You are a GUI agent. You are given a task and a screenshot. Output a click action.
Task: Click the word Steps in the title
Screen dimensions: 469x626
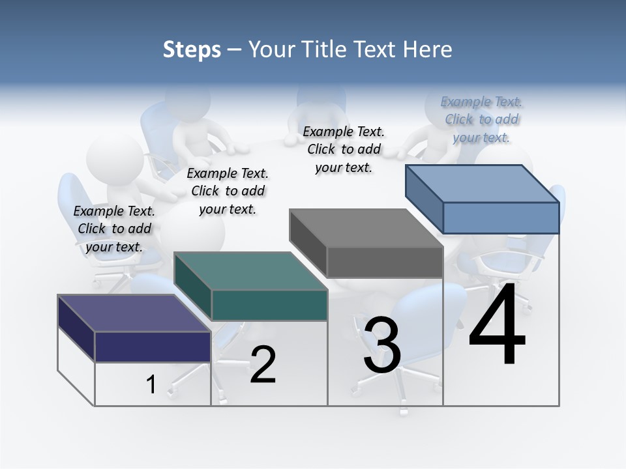pyautogui.click(x=191, y=50)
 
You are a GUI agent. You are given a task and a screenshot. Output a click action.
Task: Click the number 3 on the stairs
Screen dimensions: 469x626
pyautogui.click(x=382, y=345)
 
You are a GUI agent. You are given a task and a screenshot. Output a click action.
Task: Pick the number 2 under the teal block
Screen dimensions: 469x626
pyautogui.click(x=263, y=365)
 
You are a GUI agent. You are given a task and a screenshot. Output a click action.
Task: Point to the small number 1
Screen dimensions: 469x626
pyautogui.click(x=151, y=385)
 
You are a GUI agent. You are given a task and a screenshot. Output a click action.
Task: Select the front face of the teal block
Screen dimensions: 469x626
pyautogui.click(x=269, y=305)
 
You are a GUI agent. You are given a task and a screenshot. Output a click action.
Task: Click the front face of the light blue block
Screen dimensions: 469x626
pyautogui.click(x=501, y=218)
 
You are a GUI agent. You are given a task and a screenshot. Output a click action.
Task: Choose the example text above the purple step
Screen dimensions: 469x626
pyautogui.click(x=114, y=229)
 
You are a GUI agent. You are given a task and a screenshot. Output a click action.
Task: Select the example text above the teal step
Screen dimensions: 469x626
pyautogui.click(x=228, y=191)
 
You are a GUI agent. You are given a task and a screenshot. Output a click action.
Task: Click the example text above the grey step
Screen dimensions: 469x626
pyautogui.click(x=344, y=149)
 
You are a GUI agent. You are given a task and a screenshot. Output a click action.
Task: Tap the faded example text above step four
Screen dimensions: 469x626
pyautogui.click(x=481, y=119)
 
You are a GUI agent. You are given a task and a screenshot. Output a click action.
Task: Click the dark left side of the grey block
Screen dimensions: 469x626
pyautogui.click(x=308, y=243)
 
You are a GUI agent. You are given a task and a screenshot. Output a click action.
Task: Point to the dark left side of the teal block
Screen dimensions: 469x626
pyautogui.click(x=192, y=285)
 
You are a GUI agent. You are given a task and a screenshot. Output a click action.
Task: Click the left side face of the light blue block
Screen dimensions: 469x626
pyautogui.click(x=424, y=198)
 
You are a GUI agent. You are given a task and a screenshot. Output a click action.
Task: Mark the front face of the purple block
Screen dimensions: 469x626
pyautogui.click(x=153, y=347)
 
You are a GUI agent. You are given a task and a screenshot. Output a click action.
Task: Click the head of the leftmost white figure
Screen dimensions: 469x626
pyautogui.click(x=115, y=156)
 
